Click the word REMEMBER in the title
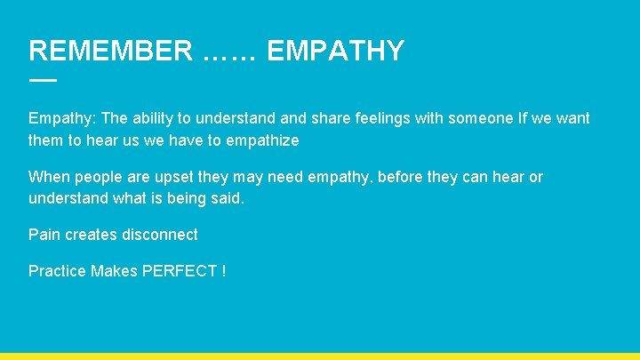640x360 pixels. coord(109,51)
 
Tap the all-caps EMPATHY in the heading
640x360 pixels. coord(335,51)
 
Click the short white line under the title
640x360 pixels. coord(42,80)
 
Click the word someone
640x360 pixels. coord(479,118)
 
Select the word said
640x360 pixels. coord(227,198)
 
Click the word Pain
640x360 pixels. coord(44,235)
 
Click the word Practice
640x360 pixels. coord(57,271)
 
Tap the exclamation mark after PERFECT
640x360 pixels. coord(223,271)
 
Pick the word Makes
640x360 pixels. coord(114,271)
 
